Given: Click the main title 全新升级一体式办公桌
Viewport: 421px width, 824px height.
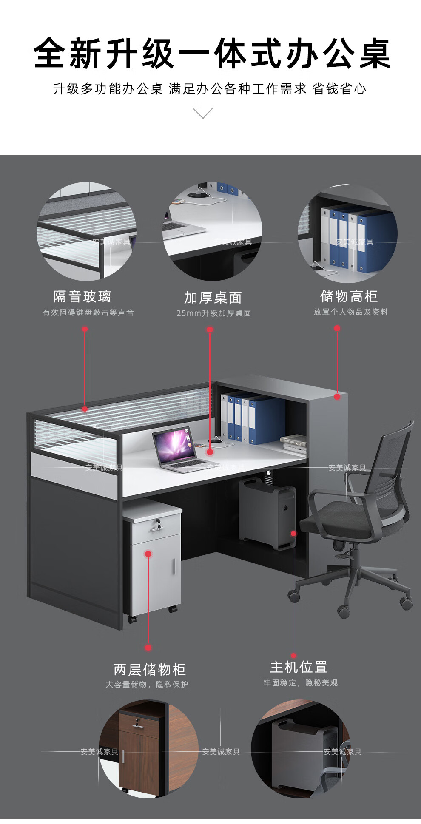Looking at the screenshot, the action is click(x=212, y=54).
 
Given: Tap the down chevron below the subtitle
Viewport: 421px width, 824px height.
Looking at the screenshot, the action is click(x=203, y=113).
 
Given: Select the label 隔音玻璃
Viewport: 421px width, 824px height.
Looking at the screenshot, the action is click(x=82, y=296).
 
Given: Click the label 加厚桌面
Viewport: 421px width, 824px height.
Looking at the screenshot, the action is click(x=213, y=298).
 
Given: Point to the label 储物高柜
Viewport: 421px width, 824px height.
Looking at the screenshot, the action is click(x=349, y=296).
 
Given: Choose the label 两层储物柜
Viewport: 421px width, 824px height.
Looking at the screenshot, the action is click(x=150, y=670).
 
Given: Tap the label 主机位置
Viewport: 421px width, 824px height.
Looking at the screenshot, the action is click(x=299, y=667).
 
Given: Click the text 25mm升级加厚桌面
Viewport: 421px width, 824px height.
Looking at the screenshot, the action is click(x=213, y=313).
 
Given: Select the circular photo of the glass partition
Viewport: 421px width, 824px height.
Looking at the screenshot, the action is click(x=87, y=232).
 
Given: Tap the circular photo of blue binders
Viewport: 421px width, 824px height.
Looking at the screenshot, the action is click(x=348, y=233).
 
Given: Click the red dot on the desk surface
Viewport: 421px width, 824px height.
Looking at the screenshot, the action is click(x=210, y=452).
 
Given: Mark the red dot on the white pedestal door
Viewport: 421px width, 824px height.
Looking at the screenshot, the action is click(x=148, y=554).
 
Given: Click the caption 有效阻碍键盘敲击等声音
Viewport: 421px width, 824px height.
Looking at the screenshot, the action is click(x=88, y=313).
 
